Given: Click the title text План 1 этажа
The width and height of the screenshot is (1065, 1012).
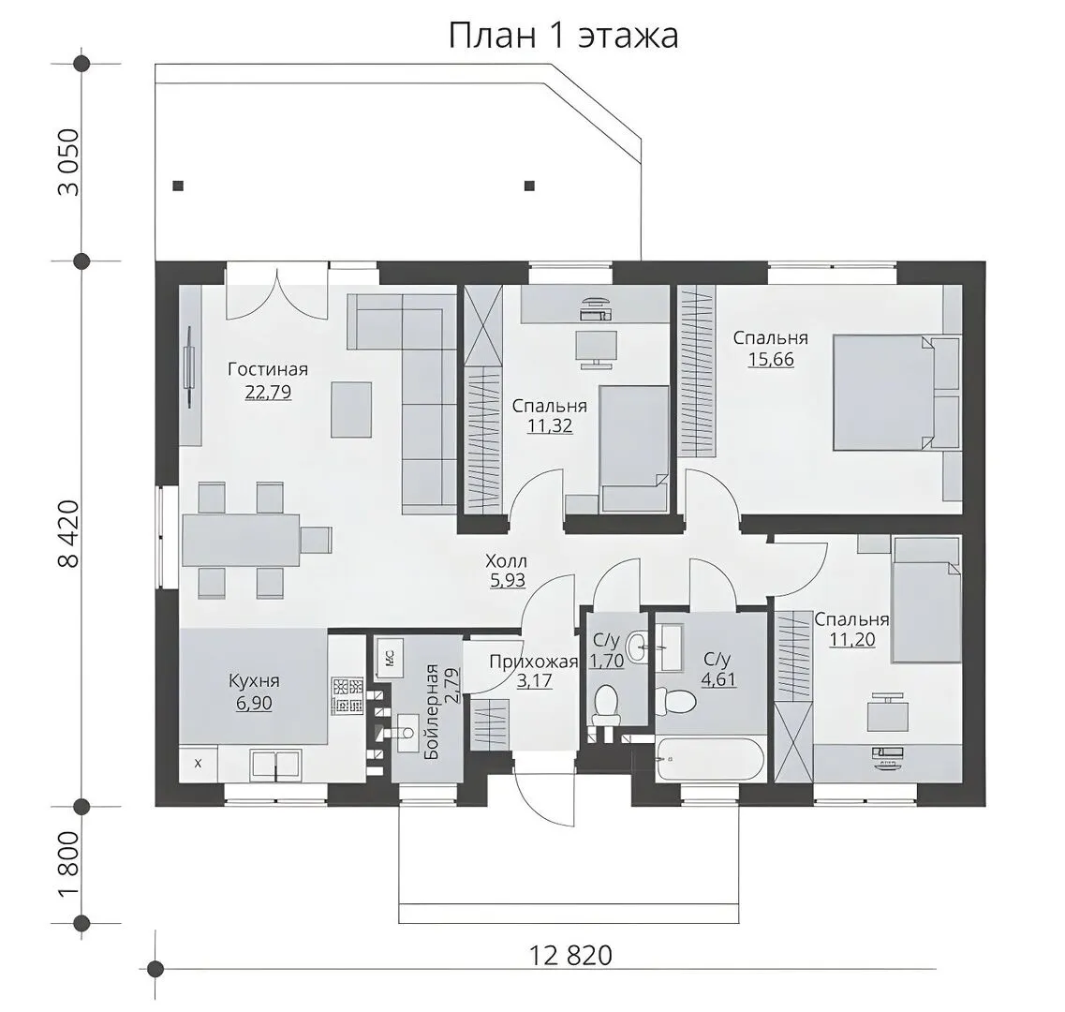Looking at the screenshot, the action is [x=563, y=36].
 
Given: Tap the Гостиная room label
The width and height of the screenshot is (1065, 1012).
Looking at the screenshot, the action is [x=268, y=369].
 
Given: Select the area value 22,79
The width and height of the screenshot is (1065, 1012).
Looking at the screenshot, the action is [x=268, y=393].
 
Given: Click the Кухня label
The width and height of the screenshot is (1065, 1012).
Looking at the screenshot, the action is [x=254, y=680].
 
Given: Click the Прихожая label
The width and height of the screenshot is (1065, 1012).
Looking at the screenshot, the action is [x=533, y=662].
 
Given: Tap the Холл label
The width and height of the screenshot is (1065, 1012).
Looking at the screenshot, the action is [x=506, y=561].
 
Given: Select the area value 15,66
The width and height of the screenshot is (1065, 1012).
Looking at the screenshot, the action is [x=771, y=360].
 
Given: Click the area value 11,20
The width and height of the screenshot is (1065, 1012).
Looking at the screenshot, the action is [x=851, y=639].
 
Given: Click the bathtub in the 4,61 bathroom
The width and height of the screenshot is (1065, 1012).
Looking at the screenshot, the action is [x=710, y=759].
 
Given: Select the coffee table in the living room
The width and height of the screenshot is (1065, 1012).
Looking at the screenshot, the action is [x=351, y=409].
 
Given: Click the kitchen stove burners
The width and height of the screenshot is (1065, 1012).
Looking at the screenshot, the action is [x=348, y=695].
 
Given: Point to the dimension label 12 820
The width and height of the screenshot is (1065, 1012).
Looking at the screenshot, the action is [x=569, y=955].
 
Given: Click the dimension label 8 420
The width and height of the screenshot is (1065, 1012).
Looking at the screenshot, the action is [x=69, y=533].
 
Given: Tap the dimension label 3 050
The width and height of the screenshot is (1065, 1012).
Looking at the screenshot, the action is [x=69, y=162].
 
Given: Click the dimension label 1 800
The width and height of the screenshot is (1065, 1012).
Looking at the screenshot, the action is [x=69, y=863].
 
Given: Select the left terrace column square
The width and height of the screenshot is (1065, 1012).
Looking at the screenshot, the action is [x=178, y=186].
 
